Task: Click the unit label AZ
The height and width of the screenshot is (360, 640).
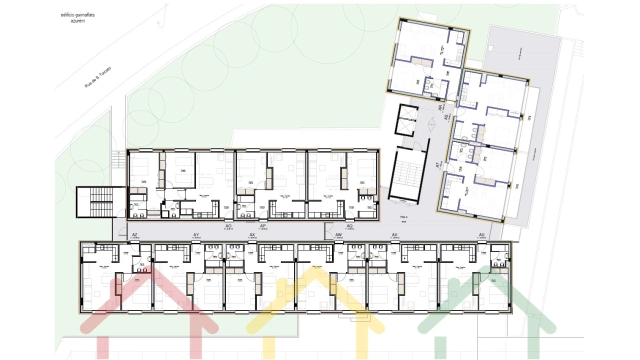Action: [134, 234]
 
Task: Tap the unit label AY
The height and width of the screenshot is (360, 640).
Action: [196, 234]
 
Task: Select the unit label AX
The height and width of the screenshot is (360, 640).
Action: [252, 234]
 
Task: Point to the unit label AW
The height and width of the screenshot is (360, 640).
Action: [338, 234]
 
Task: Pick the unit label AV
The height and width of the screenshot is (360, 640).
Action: [394, 234]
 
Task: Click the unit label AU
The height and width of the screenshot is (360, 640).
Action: [481, 234]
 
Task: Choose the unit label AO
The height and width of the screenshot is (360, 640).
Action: [228, 226]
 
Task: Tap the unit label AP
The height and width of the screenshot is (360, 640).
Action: [263, 226]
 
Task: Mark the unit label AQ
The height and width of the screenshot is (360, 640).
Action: [349, 226]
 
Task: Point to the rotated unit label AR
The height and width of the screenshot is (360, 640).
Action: [440, 107]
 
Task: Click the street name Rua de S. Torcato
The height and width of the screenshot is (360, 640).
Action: [98, 77]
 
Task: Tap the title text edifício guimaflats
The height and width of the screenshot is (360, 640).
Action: [77, 15]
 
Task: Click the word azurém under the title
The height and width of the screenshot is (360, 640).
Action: [77, 21]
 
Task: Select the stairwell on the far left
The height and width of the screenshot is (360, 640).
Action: [100, 202]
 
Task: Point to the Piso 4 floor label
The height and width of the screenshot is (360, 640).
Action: [404, 216]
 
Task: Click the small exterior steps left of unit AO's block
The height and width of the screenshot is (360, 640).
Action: [118, 160]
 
